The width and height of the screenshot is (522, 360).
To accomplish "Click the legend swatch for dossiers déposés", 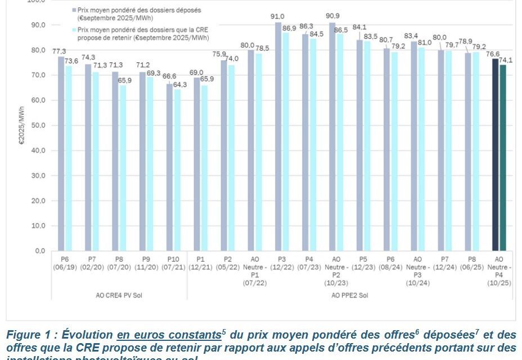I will point(74,10).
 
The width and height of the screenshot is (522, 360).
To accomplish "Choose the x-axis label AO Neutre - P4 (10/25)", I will point(498,269).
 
